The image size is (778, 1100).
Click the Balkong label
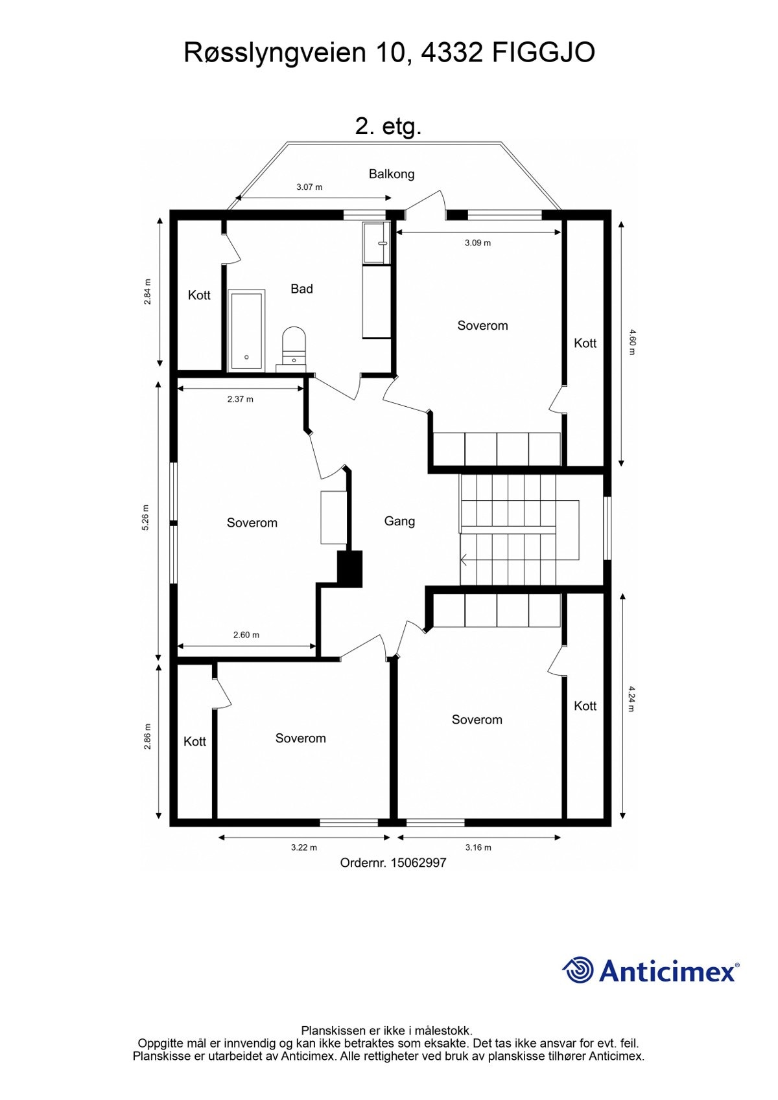391,174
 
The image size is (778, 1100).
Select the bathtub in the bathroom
247,330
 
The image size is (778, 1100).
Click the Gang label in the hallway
399,521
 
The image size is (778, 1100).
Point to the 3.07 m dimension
309,187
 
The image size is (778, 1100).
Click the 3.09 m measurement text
478,243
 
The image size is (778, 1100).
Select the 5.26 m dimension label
146,518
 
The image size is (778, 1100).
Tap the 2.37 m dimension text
240,399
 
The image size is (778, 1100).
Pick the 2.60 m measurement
246,635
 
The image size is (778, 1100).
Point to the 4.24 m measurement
632,699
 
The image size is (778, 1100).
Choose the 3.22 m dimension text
304,847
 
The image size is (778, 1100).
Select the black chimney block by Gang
349,569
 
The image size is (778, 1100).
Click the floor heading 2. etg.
388,126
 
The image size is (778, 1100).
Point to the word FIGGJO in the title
543,52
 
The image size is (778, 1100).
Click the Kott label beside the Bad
199,295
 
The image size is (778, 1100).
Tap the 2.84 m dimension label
147,292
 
